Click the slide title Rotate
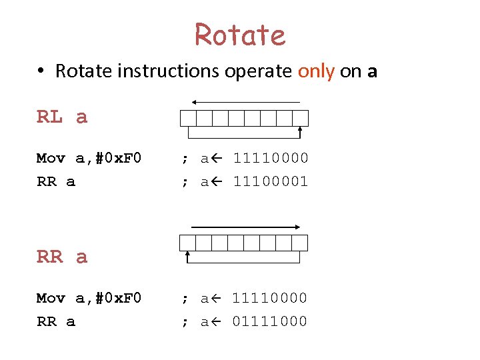coord(240,35)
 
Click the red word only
coord(316,71)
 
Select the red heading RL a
coord(62,117)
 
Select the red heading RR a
coord(62,257)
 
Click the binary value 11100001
coord(270,181)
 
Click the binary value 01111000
coord(270,321)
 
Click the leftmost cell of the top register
coord(188,118)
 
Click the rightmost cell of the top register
coord(301,118)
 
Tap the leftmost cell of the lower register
coord(188,243)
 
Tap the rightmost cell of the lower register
coord(300,243)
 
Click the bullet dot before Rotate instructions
coord(41,71)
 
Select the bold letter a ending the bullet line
coord(372,72)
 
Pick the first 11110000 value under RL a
coord(270,159)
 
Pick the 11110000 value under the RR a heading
coord(270,298)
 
